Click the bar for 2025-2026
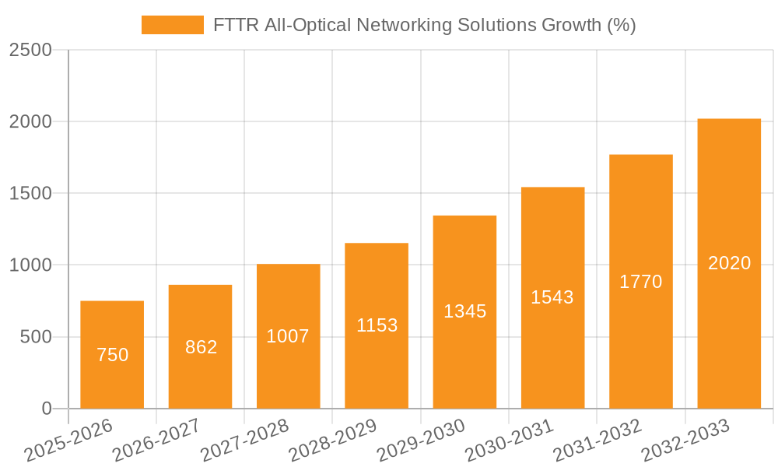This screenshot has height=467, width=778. tap(112, 355)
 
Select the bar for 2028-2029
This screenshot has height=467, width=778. tap(377, 326)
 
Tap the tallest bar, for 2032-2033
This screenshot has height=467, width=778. tap(729, 264)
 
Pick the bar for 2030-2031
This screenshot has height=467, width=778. tap(552, 298)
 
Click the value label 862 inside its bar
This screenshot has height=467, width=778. tap(201, 347)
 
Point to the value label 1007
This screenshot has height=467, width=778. tap(288, 336)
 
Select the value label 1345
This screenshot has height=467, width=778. tap(464, 311)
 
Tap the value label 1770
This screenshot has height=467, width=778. tap(640, 282)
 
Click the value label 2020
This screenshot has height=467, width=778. tap(729, 263)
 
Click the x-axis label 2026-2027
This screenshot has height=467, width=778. tap(156, 441)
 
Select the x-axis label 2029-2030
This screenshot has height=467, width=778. tap(421, 441)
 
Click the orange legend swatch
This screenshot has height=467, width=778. tap(172, 25)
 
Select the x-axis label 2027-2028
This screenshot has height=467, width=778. tap(244, 441)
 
